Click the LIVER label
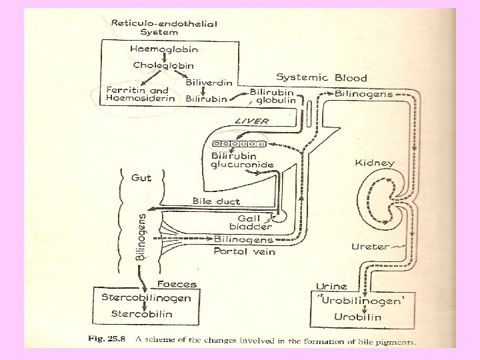tap(251, 121)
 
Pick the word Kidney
tap(375, 162)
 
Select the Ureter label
tap(369, 246)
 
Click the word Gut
tap(141, 178)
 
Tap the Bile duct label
tap(216, 200)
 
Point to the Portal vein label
tap(244, 251)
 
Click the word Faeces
tap(177, 284)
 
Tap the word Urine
tap(331, 286)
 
